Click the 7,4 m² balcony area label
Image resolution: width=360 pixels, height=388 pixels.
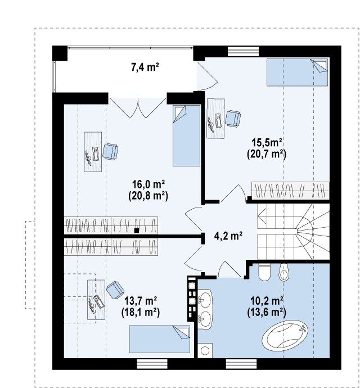(x=145, y=67)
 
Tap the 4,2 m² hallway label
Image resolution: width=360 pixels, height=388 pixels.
(x=228, y=236)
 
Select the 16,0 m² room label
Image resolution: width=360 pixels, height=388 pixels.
(x=148, y=184)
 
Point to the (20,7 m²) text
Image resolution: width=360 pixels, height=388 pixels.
(x=267, y=154)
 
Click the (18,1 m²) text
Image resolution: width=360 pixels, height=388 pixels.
(x=141, y=313)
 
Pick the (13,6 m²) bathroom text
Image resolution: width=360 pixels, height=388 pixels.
(x=267, y=312)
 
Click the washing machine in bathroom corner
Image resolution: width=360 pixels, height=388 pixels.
(x=205, y=350)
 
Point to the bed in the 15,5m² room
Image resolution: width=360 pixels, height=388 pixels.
(x=298, y=72)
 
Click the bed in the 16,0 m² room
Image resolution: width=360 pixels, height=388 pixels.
(x=186, y=136)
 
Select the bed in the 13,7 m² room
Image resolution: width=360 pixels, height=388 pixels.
(x=160, y=339)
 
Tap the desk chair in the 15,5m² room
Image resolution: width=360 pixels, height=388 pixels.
(x=233, y=119)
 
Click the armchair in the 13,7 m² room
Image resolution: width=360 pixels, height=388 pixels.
(x=115, y=290)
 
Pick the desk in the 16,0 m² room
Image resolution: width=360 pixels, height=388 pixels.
(x=93, y=152)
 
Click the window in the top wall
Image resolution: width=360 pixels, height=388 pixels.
(x=243, y=52)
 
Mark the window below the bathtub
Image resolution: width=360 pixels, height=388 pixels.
(x=241, y=364)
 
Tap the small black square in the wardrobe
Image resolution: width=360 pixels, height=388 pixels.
(x=137, y=231)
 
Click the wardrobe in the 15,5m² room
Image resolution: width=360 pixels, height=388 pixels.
(x=290, y=190)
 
